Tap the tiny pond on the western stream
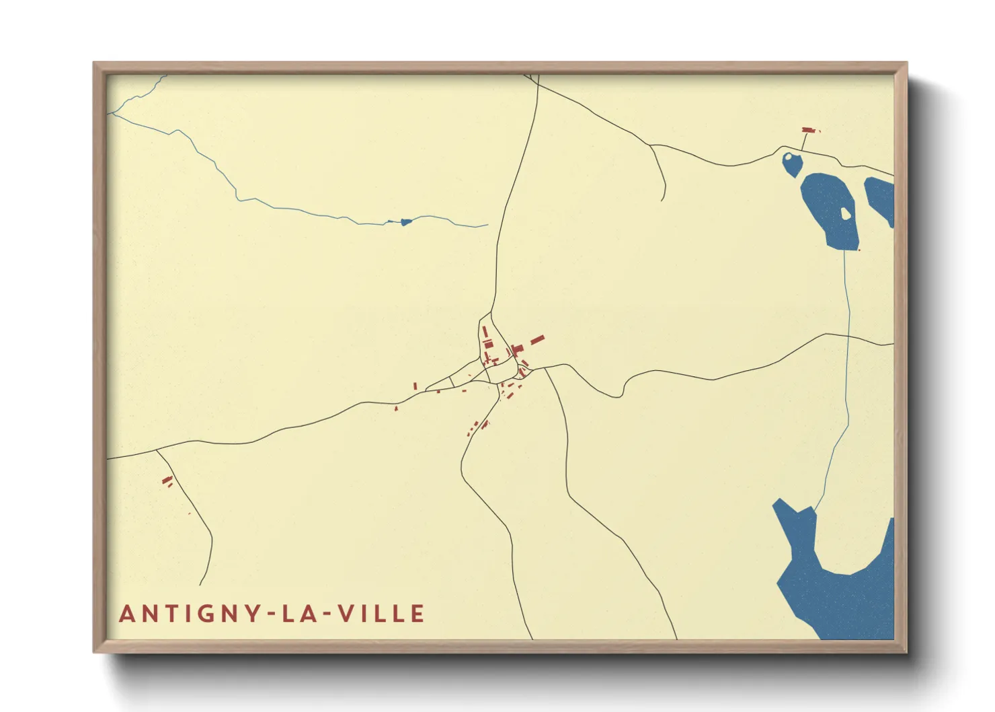pos(405,222)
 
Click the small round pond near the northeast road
pos(792,164)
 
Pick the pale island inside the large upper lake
pos(845,214)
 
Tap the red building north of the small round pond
pos(809,130)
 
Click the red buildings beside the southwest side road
pos(167,480)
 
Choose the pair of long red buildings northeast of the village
pos(536,341)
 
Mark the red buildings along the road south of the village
pos(479,427)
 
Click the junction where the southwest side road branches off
pos(157,450)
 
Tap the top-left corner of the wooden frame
pos(95,64)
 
